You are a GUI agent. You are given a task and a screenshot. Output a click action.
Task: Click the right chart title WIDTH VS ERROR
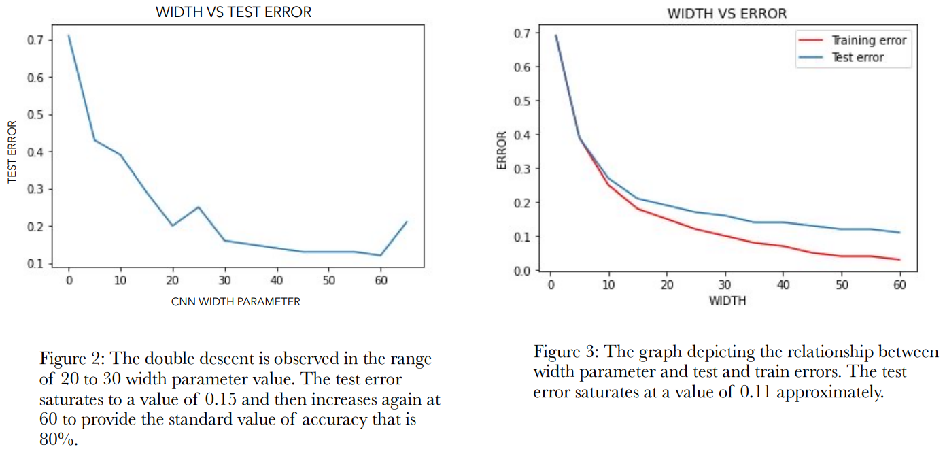[x=727, y=14]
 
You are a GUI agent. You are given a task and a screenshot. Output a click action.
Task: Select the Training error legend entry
[x=869, y=41]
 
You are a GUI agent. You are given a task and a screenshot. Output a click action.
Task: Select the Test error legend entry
[x=858, y=58]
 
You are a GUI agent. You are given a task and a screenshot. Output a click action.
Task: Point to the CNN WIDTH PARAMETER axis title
[x=236, y=301]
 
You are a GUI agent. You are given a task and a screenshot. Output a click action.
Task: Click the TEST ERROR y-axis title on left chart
[x=12, y=151]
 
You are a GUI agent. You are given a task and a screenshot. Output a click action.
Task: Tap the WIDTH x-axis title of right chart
[x=727, y=301]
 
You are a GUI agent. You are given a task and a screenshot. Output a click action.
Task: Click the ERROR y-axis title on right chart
[x=502, y=151]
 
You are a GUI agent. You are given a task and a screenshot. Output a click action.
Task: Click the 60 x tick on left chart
[x=381, y=280]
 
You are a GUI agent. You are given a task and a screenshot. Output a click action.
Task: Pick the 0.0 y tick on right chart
[x=521, y=271]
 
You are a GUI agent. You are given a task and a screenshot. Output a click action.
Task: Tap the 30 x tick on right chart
[x=725, y=284]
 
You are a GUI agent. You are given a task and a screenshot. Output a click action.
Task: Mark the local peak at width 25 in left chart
[x=199, y=207]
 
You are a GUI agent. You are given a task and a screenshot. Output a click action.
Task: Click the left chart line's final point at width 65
[x=407, y=222]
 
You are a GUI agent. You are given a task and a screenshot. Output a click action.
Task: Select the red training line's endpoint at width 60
[x=899, y=260]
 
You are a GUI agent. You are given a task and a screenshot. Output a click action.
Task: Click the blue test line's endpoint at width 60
[x=899, y=233]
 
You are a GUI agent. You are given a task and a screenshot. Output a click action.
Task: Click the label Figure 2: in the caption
[x=68, y=359]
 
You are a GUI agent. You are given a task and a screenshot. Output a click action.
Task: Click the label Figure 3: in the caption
[x=562, y=352]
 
